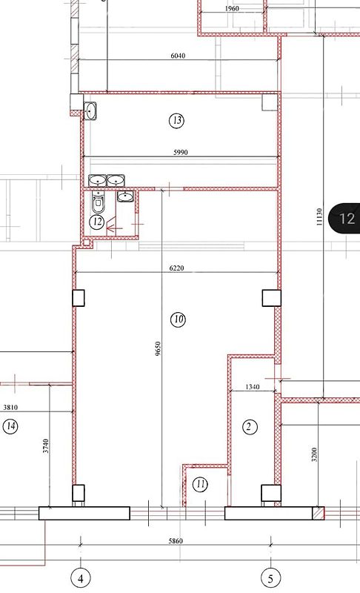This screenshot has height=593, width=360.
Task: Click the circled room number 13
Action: pyautogui.click(x=177, y=121)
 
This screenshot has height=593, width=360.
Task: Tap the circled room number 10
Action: pyautogui.click(x=178, y=319)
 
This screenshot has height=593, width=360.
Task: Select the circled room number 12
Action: pyautogui.click(x=97, y=221)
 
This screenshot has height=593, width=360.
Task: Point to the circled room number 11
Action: pyautogui.click(x=200, y=484)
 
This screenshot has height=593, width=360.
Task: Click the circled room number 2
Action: pyautogui.click(x=249, y=427)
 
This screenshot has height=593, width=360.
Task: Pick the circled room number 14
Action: pyautogui.click(x=11, y=427)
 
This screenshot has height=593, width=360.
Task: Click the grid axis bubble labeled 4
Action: pyautogui.click(x=81, y=579)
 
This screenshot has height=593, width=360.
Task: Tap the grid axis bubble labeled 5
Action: pyautogui.click(x=270, y=579)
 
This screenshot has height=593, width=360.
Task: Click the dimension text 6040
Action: pyautogui.click(x=178, y=56)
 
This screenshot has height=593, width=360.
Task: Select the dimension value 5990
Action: pyautogui.click(x=181, y=153)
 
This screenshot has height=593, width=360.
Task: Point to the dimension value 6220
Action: pyautogui.click(x=176, y=268)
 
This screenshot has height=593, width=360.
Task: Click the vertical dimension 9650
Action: pyautogui.click(x=158, y=348)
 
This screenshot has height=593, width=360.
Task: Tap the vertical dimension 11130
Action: pyautogui.click(x=319, y=216)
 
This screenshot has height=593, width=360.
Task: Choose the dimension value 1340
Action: pyautogui.click(x=253, y=387)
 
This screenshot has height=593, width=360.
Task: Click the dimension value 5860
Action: pyautogui.click(x=176, y=541)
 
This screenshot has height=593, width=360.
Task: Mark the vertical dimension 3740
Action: pyautogui.click(x=46, y=446)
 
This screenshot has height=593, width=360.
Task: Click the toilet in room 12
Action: pyautogui.click(x=99, y=202)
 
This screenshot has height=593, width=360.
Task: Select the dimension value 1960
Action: pyautogui.click(x=232, y=8)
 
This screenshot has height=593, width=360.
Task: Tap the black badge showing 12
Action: pyautogui.click(x=345, y=218)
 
